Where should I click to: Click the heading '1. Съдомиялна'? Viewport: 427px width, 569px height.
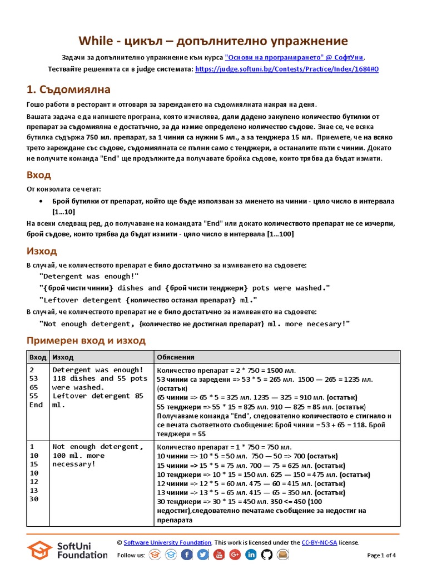(68, 89)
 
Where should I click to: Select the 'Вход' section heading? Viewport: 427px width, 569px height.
(39, 175)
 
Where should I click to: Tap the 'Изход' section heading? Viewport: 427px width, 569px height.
(42, 251)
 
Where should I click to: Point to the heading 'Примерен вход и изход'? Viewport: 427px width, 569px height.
(86, 340)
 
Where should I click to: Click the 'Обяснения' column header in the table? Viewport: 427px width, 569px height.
(176, 357)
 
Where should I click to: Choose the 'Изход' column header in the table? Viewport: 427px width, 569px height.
(63, 357)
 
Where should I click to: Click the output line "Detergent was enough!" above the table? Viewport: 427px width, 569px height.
(89, 276)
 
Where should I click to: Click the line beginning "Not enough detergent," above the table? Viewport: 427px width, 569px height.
(195, 324)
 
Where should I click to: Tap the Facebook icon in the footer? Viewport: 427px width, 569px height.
(187, 555)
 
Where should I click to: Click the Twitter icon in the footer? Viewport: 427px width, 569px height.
(203, 555)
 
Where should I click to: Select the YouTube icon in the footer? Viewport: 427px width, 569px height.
(219, 555)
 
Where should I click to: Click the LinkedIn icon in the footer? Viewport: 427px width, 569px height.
(251, 555)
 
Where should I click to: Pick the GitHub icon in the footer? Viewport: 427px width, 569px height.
(267, 555)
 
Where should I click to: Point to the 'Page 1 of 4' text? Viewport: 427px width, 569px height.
(382, 555)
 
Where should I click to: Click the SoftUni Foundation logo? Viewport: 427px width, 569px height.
(67, 550)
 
